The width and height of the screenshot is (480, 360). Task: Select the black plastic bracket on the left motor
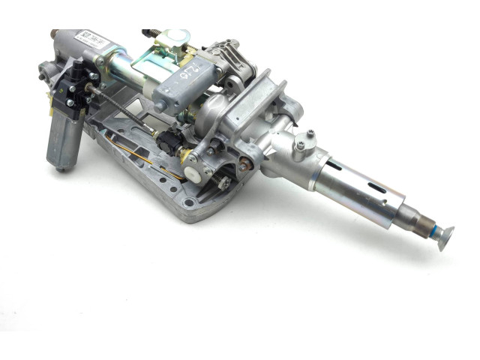[x=77, y=84]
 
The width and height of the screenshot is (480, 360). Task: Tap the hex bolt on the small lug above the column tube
[x=310, y=136]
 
